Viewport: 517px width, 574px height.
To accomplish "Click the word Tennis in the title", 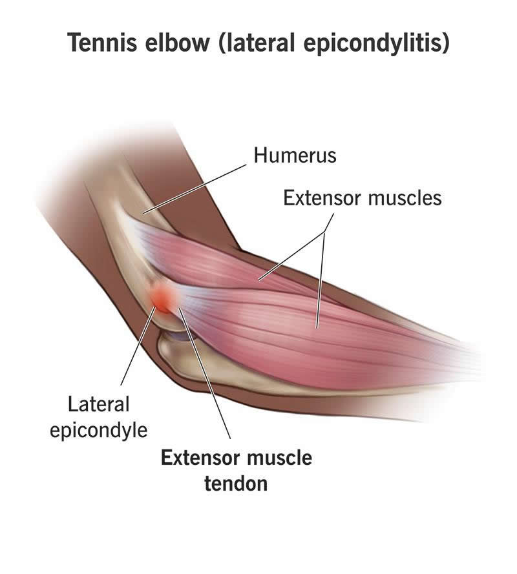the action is (102, 43).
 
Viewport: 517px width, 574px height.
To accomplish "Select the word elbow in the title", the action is (178, 43).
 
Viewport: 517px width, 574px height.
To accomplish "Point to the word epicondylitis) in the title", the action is (377, 43).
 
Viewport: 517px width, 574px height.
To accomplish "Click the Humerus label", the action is (295, 155).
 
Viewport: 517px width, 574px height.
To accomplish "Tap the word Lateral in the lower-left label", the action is (99, 404).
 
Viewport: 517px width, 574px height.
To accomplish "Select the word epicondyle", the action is (99, 430).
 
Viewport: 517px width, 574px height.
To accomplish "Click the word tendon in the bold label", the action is (236, 483).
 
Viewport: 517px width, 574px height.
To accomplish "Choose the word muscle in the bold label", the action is (279, 458).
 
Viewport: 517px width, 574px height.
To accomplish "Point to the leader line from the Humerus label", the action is (195, 189).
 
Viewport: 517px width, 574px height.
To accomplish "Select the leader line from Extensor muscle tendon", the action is (205, 373).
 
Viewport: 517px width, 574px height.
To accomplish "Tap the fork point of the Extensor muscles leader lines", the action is (324, 232).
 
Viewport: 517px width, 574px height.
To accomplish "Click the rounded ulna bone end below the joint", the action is (176, 352).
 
